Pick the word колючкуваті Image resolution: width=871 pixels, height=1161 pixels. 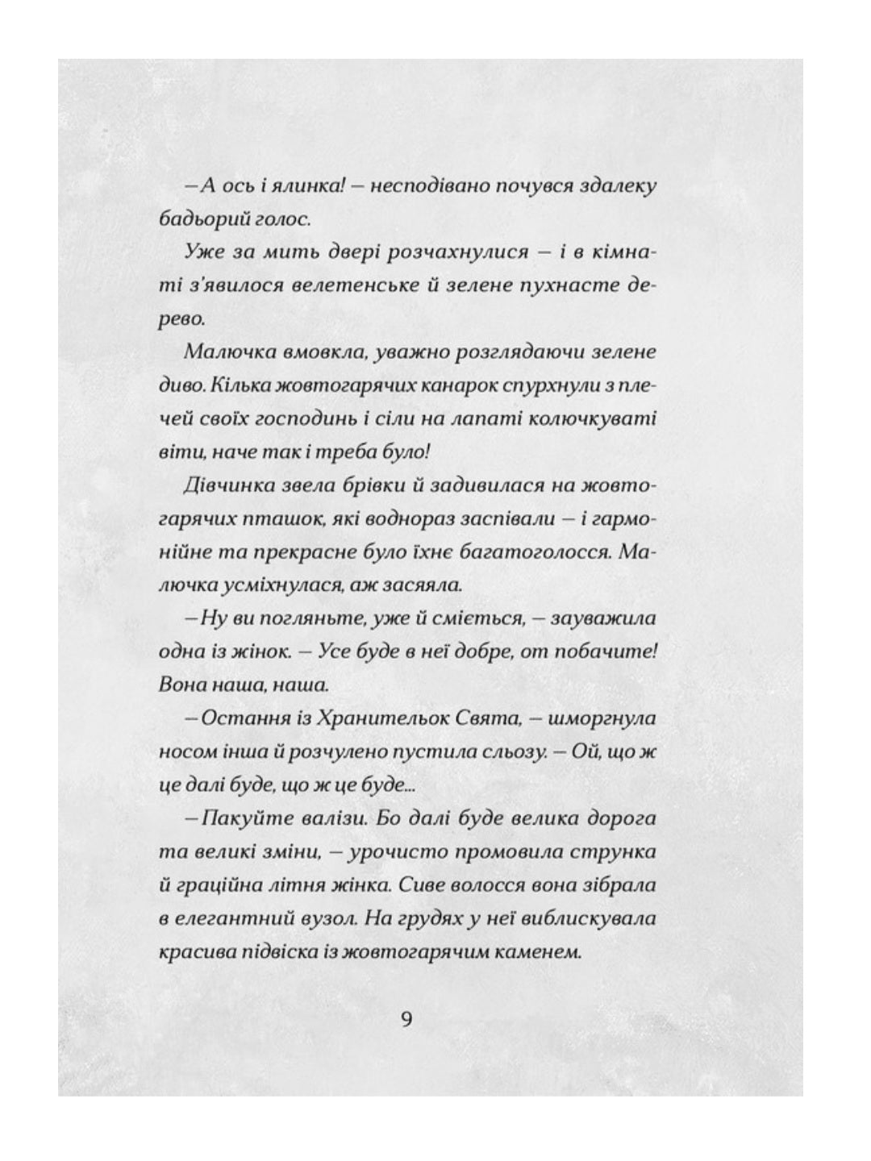point(602,418)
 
